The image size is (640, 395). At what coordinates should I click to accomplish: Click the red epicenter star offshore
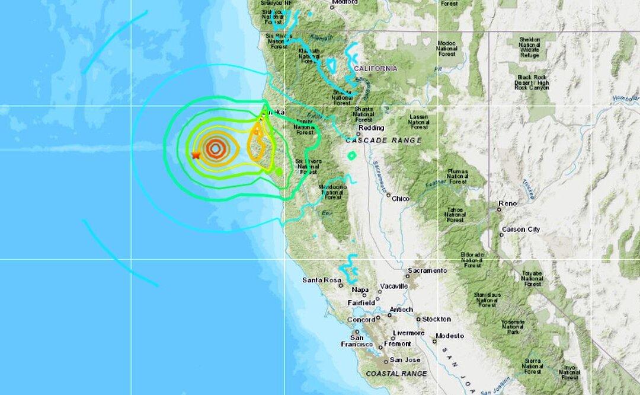tap(196, 155)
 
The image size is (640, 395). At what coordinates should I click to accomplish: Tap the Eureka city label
tap(274, 112)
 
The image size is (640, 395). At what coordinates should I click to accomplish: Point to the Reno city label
tap(508, 203)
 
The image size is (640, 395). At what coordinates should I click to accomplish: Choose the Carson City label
tap(521, 230)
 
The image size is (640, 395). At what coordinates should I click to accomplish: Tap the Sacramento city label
tap(427, 270)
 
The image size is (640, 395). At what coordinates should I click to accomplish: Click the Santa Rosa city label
tap(319, 280)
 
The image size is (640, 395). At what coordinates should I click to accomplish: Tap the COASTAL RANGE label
tap(396, 374)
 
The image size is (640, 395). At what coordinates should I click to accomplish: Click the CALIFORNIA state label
tap(375, 69)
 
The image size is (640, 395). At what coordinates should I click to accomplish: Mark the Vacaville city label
tap(394, 286)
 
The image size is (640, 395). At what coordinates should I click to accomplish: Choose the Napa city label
tap(360, 290)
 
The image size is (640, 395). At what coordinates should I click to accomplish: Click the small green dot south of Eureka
tap(279, 171)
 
